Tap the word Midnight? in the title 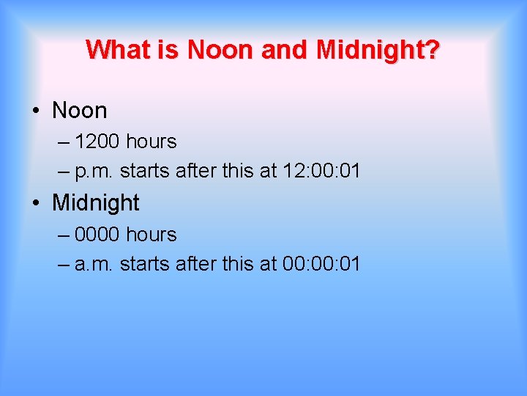coord(378,50)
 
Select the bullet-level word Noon coord(79,111)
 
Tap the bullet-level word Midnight coord(96,202)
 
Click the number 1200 coord(97,141)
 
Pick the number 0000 coord(97,235)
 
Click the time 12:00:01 coord(321,171)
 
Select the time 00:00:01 coord(321,264)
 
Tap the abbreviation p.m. coord(94,172)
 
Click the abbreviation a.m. coord(94,265)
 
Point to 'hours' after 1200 coord(151,141)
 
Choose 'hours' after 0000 coord(151,235)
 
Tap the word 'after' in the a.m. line coord(198,264)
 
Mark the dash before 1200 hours coord(63,142)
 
